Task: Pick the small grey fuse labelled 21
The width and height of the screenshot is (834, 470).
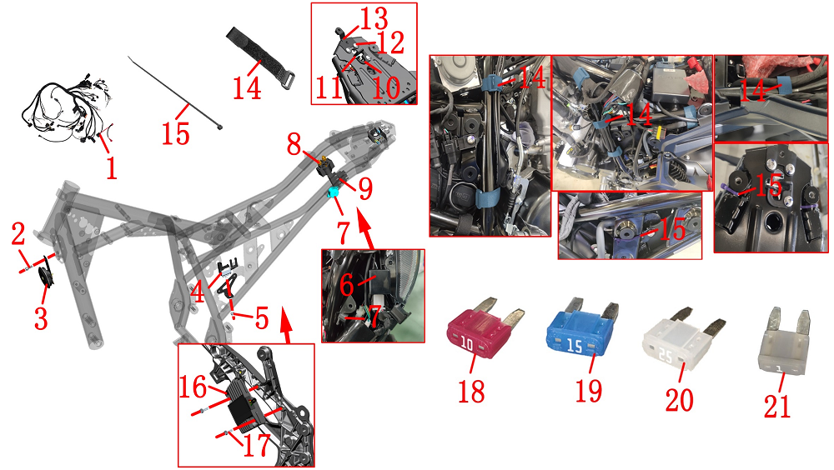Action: pyautogui.click(x=783, y=343)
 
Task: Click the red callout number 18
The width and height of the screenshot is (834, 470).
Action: pyautogui.click(x=471, y=392)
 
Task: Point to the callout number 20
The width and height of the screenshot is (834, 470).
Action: pyautogui.click(x=679, y=399)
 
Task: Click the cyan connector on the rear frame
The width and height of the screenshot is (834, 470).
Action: pyautogui.click(x=334, y=192)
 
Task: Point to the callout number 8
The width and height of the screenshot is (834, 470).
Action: pyautogui.click(x=294, y=144)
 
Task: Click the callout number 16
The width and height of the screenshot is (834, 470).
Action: pyautogui.click(x=192, y=387)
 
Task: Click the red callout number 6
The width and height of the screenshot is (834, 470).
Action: pyautogui.click(x=346, y=285)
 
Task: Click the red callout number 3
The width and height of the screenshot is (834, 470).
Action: pyautogui.click(x=41, y=318)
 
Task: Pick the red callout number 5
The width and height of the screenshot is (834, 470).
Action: pyautogui.click(x=262, y=317)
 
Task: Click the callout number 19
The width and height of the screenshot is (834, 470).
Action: pyautogui.click(x=588, y=392)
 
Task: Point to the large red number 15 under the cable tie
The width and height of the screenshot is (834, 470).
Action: pyautogui.click(x=175, y=133)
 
